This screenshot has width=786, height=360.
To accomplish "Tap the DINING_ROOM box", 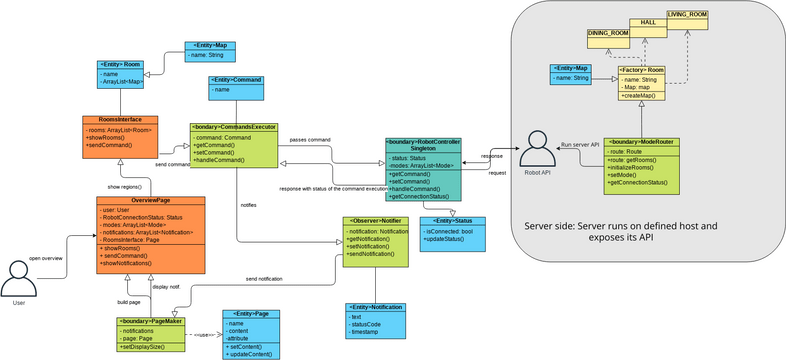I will point(608,33).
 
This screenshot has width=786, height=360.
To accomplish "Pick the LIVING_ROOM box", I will point(687,14).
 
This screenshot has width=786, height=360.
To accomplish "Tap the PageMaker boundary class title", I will point(150,321).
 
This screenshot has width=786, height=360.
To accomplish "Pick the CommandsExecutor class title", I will point(233,127).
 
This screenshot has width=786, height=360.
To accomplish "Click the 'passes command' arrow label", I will point(310,139).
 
